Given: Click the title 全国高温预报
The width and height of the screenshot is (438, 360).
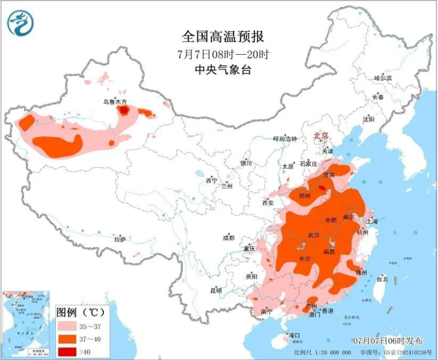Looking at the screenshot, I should click(x=223, y=37).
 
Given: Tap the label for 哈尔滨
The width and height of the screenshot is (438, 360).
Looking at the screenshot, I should click(x=382, y=78).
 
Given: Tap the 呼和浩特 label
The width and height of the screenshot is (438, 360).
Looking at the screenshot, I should click(x=285, y=139).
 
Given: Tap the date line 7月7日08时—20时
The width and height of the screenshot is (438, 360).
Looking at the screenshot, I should click(x=223, y=54).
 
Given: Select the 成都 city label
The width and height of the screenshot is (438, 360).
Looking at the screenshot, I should click(x=228, y=238).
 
